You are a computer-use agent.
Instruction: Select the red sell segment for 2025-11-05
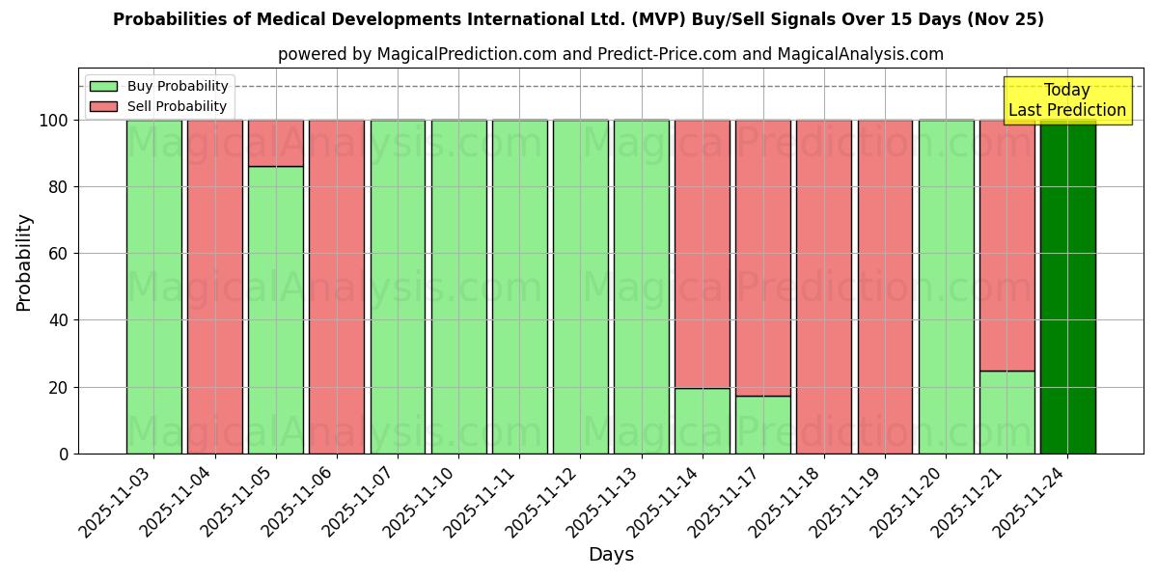(276, 143)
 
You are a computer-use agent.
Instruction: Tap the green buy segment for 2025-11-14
(703, 421)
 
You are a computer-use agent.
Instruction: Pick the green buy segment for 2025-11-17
(763, 425)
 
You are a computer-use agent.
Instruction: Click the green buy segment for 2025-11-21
(1006, 412)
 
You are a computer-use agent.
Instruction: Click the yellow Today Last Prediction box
(1066, 100)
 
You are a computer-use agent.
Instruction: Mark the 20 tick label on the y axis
(59, 388)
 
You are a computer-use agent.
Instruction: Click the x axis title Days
(611, 555)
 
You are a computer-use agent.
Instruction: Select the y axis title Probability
(24, 262)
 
